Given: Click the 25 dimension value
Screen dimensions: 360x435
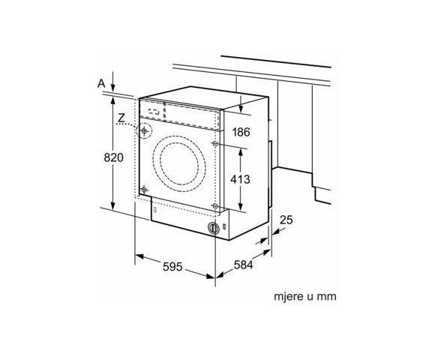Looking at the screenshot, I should [285, 220].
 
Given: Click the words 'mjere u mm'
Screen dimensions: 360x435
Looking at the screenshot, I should [305, 297].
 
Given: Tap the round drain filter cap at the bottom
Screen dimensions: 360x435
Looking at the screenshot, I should [214, 228].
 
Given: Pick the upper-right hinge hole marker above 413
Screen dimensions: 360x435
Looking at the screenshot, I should [215, 142].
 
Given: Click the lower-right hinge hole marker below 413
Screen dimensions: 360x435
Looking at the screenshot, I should [215, 205].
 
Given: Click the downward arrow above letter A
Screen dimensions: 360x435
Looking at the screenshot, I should [112, 78].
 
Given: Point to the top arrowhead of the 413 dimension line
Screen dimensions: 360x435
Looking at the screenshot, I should [240, 149].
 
